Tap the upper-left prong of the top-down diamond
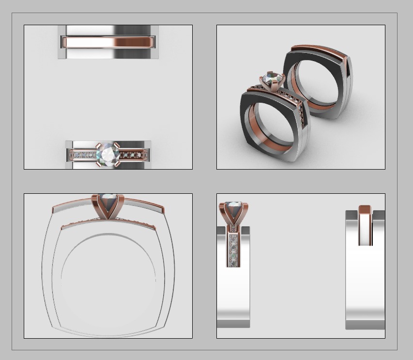pos(98,145)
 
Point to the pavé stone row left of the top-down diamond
pos(83,156)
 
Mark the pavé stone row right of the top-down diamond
pos(131,156)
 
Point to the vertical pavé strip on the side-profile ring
pos(233,250)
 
